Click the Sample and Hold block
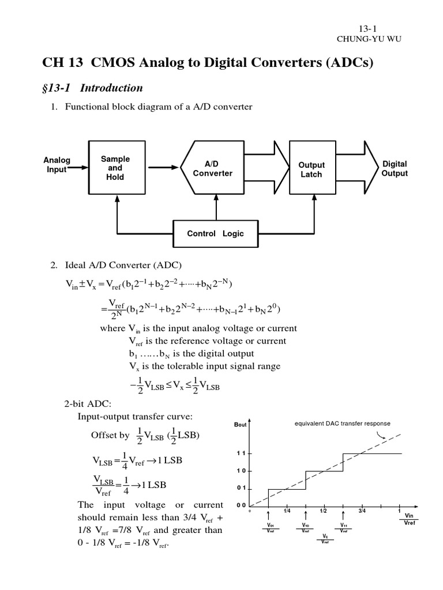[x=115, y=168]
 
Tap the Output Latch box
[x=311, y=169]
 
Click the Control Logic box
[x=215, y=233]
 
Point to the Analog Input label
[x=57, y=165]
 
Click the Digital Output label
[x=395, y=168]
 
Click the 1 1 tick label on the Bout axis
[x=241, y=453]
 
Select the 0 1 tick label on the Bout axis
[x=241, y=489]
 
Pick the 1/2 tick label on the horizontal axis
[x=323, y=510]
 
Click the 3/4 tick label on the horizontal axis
[x=362, y=510]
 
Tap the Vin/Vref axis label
[x=410, y=519]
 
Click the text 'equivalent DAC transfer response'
[x=343, y=423]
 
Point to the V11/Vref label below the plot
[x=344, y=528]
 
